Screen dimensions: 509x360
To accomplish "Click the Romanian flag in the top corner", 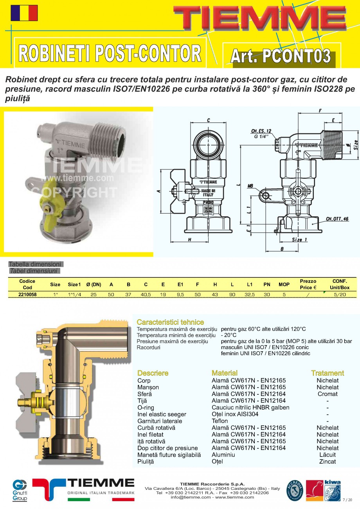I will [x=24, y=13].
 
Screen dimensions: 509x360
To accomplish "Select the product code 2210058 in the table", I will [x=27, y=295].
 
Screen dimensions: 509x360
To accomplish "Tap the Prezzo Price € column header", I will [x=308, y=284].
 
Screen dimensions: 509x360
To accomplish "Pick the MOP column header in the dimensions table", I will [x=284, y=284].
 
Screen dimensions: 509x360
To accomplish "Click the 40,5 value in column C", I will [x=146, y=295].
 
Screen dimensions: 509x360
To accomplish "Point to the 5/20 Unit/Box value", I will [x=340, y=295].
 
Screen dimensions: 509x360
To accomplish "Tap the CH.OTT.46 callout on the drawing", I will [x=337, y=219].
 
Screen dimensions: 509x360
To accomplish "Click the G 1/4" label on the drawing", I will [x=261, y=137].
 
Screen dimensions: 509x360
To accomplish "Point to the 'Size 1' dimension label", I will [x=300, y=239].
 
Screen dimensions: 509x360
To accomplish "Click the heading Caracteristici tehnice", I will [x=170, y=322].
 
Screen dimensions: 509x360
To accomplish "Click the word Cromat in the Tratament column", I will [x=328, y=394].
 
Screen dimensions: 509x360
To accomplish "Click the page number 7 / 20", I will [x=347, y=500].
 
